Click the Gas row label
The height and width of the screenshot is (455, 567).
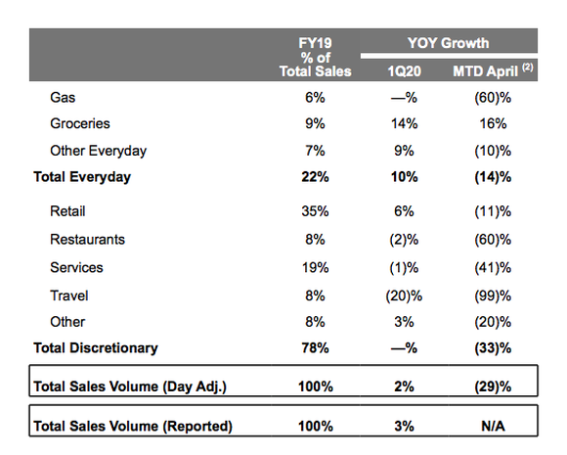coord(62,98)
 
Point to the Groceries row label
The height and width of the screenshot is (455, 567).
coord(79,124)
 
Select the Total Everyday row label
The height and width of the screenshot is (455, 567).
coord(82,177)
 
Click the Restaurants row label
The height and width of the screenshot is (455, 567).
coord(87,240)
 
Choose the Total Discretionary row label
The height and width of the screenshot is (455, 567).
coord(96,347)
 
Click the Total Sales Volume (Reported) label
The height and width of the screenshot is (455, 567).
coord(133,426)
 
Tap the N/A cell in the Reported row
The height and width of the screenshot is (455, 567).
coord(494,426)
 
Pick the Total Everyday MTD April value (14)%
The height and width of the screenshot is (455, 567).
coord(494,177)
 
